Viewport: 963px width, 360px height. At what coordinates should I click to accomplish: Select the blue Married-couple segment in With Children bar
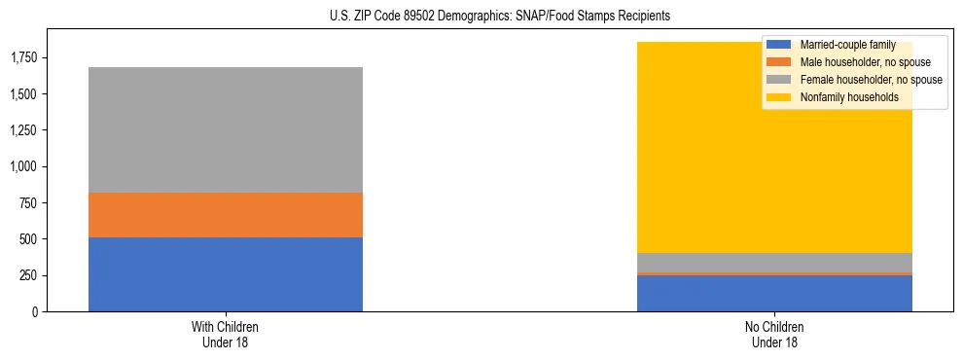[226, 274]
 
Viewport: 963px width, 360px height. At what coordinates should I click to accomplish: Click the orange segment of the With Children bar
[226, 215]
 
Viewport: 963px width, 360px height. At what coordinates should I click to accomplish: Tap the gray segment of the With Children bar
[226, 129]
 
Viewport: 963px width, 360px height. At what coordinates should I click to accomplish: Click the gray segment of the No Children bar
[774, 262]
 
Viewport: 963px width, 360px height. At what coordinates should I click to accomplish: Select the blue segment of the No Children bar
[774, 294]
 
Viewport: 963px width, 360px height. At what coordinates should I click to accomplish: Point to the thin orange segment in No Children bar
[774, 273]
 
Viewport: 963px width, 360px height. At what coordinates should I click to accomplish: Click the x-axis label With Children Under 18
[226, 334]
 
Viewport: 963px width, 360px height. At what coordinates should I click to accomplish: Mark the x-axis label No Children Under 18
[774, 334]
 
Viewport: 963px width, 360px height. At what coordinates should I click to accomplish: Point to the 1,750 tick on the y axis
[23, 58]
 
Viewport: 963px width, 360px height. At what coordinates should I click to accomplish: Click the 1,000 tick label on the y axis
[23, 167]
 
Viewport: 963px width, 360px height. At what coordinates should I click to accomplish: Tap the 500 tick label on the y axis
[29, 239]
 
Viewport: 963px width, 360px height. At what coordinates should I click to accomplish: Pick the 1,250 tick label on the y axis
[23, 130]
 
